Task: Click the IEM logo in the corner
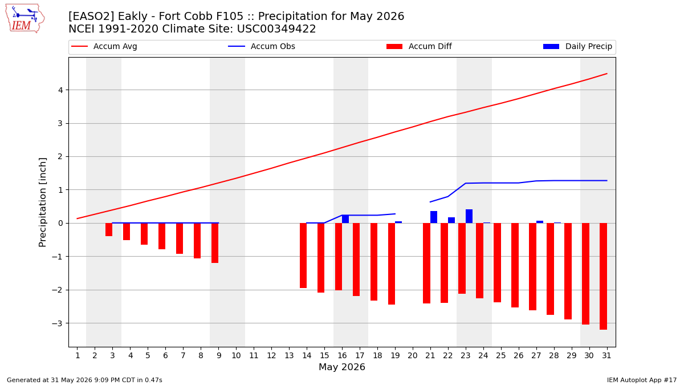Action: click(25, 19)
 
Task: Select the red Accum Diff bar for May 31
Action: click(603, 276)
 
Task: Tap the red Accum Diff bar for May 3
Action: click(109, 229)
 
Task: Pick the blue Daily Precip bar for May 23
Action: click(469, 216)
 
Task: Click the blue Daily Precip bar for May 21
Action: click(434, 217)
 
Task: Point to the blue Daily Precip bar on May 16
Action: click(345, 219)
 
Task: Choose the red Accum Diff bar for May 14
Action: click(303, 256)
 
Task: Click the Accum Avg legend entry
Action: click(104, 46)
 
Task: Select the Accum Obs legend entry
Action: click(262, 46)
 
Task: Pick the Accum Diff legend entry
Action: click(419, 46)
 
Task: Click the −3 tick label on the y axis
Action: click(58, 323)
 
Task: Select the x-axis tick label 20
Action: click(413, 356)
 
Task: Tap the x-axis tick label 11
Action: click(254, 356)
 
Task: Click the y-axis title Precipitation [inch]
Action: click(42, 202)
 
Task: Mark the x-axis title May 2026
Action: click(342, 367)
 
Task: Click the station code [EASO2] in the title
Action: click(91, 16)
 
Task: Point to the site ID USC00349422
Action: click(276, 29)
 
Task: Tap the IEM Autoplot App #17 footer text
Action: click(642, 380)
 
